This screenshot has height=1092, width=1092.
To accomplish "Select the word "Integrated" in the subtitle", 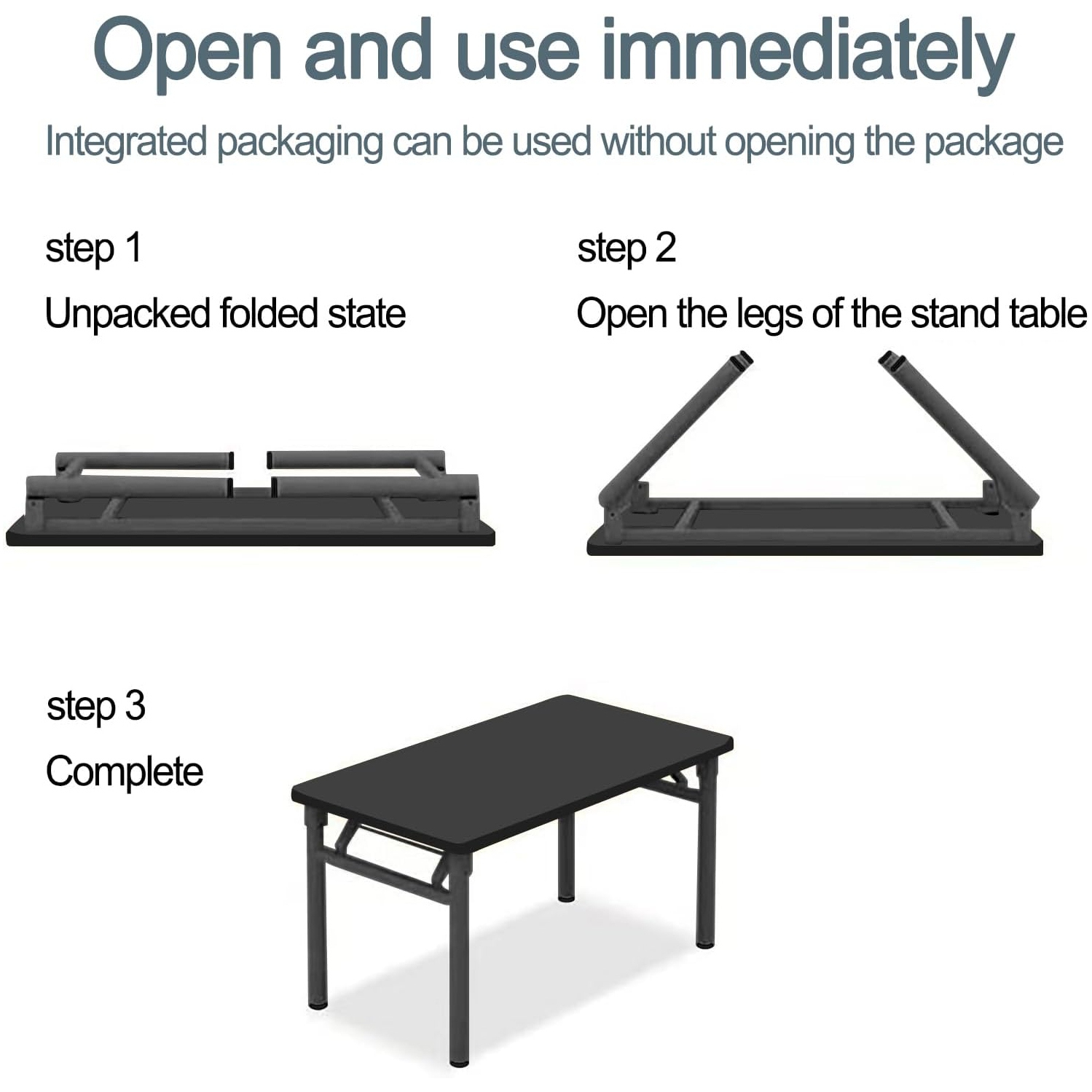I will point(126,141).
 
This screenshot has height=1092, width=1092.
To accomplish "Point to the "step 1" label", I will point(93,248).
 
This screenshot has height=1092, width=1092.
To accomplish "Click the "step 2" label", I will point(626,248).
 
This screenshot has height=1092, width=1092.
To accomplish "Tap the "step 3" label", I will point(95,706).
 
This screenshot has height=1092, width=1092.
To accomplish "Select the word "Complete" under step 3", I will point(124,771).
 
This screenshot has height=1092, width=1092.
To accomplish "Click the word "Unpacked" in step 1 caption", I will point(127,313).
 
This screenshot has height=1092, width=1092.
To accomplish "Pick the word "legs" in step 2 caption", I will point(770,315).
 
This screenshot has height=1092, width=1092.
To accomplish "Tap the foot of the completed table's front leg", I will point(459,1061).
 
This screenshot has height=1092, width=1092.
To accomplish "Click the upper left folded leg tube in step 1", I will point(146,460).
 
